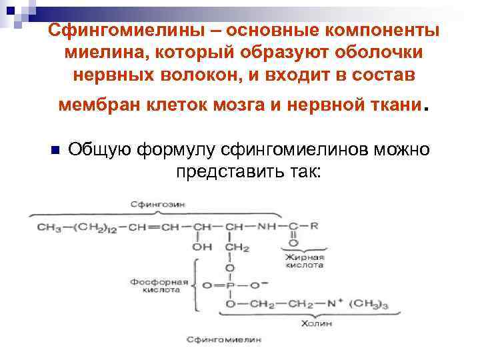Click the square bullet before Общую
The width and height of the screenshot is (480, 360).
tap(55, 149)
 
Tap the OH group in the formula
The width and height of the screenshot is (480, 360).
tap(202, 248)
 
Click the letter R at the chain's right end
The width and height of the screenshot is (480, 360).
tap(314, 226)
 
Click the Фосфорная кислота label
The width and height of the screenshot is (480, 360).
tap(161, 285)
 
